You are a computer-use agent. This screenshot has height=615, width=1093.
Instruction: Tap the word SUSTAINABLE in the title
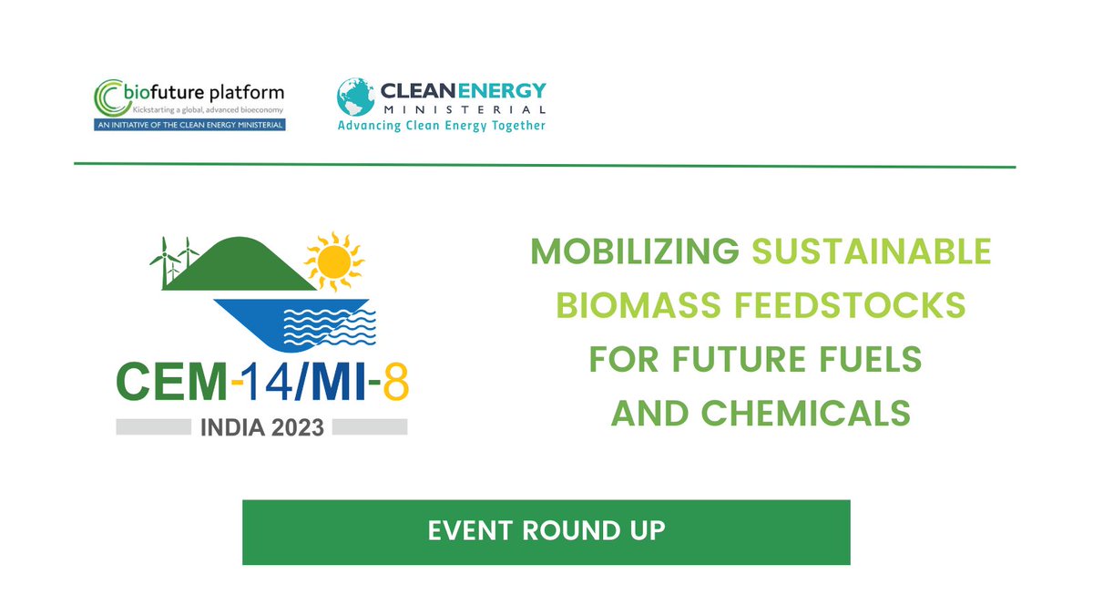coord(872,251)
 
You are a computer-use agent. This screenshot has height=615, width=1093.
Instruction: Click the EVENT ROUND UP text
coord(546,530)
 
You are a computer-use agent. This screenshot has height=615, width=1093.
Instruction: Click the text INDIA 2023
coord(262,426)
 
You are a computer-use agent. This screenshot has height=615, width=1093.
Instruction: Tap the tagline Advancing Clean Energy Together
coord(442,126)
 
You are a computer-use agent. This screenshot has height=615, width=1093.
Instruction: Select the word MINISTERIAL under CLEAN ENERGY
coord(463,110)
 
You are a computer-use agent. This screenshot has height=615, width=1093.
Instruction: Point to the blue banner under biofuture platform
coord(190,124)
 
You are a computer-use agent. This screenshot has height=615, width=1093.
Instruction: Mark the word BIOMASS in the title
coord(645,306)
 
